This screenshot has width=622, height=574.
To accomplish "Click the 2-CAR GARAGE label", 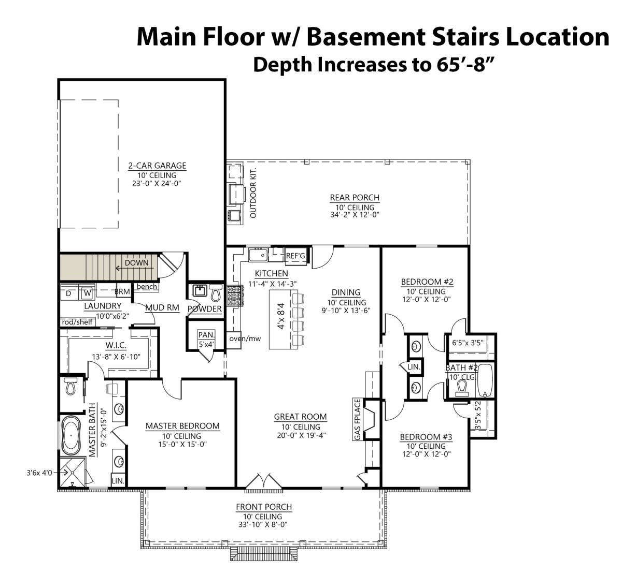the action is pyautogui.click(x=157, y=166).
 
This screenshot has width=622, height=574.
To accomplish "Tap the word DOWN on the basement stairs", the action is pyautogui.click(x=136, y=263).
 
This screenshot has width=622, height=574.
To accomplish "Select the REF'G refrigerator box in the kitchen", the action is pyautogui.click(x=295, y=256).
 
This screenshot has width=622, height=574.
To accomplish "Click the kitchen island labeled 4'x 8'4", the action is pyautogui.click(x=283, y=319).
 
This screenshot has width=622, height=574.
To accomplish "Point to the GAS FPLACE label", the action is pyautogui.click(x=357, y=420).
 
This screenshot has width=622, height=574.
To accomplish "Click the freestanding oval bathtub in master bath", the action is pyautogui.click(x=72, y=436).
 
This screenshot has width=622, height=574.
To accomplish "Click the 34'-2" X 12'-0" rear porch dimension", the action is pyautogui.click(x=355, y=215).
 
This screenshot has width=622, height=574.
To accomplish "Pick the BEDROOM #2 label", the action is pyautogui.click(x=427, y=282).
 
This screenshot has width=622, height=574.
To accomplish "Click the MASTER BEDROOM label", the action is pyautogui.click(x=182, y=426).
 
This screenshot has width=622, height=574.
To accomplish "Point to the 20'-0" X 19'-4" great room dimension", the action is pyautogui.click(x=301, y=435).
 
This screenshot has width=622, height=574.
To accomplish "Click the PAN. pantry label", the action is pyautogui.click(x=206, y=335).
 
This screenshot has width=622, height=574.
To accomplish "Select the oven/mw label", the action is pyautogui.click(x=245, y=338).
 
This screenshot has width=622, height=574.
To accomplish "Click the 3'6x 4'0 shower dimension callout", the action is pyautogui.click(x=39, y=473).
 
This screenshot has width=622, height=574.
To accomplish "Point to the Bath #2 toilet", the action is pyautogui.click(x=462, y=387).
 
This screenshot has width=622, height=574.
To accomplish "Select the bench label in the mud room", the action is pyautogui.click(x=147, y=287).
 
